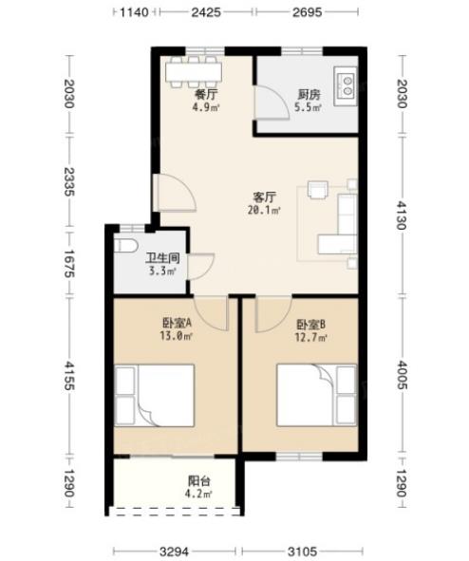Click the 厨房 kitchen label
(x=310, y=95)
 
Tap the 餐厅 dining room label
(x=206, y=95)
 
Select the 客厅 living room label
(x=264, y=197)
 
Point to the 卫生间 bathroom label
(x=162, y=258)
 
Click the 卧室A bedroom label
(x=178, y=324)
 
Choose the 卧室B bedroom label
(x=310, y=325)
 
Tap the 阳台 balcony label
(x=199, y=481)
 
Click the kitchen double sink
(x=346, y=86)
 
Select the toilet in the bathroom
(x=126, y=246)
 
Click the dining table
(x=194, y=72)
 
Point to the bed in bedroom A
(x=155, y=395)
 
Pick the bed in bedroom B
(x=317, y=395)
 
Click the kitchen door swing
(x=272, y=103)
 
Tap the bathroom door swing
(x=200, y=267)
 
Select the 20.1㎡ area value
(x=264, y=210)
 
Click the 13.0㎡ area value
(x=177, y=336)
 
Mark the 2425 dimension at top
(x=206, y=12)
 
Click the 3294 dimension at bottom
(x=175, y=552)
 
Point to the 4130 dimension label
(x=403, y=215)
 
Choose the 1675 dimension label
(x=68, y=264)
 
